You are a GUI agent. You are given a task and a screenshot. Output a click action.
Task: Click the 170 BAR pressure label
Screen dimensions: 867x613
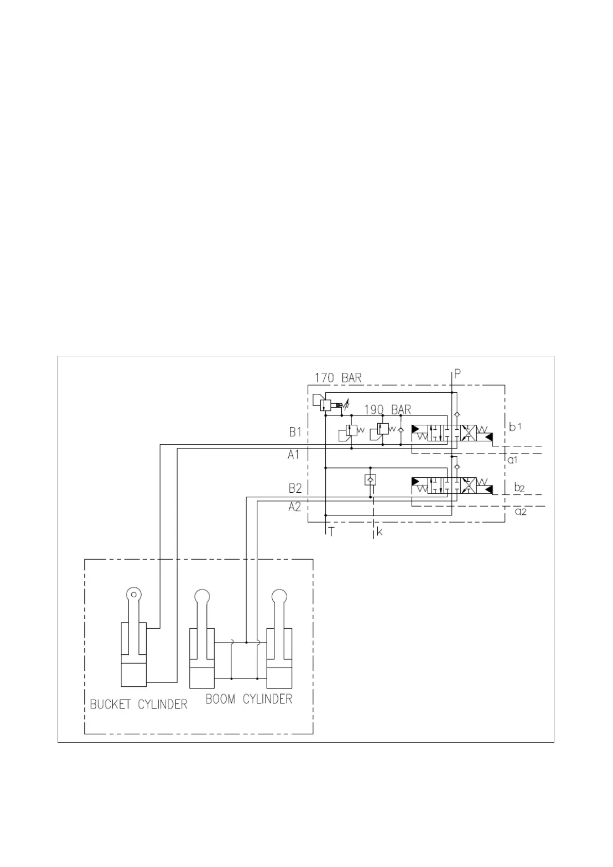coord(338,377)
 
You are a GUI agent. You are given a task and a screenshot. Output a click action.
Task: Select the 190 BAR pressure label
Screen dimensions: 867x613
coord(388,410)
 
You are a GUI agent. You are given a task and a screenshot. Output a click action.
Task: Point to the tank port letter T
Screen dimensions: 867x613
coord(331,532)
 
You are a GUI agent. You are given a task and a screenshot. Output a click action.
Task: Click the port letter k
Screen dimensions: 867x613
coord(380,532)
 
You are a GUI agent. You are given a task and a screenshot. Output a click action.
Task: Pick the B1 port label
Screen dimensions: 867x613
coord(295,432)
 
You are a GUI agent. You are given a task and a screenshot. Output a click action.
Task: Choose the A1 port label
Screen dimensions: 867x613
coord(293,455)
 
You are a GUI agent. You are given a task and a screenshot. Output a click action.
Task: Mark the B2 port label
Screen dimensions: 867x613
coord(295,488)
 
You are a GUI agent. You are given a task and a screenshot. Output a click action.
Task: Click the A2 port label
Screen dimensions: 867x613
coord(294,507)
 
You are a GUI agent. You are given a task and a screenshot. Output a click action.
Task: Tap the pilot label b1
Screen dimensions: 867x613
coord(515,427)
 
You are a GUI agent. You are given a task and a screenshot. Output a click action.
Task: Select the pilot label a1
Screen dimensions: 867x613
coord(513,460)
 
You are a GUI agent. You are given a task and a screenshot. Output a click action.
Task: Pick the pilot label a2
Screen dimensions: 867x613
coord(521,511)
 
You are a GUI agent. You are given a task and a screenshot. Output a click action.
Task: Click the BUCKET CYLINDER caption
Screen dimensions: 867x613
coord(138,704)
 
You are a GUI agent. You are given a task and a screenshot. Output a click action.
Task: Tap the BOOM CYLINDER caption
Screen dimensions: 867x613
coord(249,699)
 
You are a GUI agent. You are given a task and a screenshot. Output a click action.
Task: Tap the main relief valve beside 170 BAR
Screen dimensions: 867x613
coord(325,405)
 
